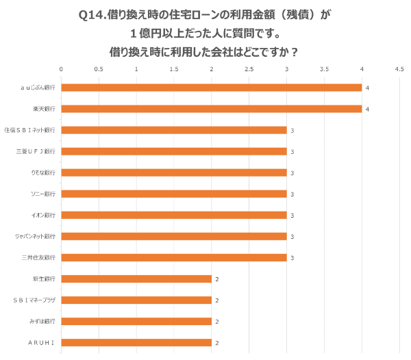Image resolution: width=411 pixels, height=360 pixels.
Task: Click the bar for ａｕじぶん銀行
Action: pyautogui.click(x=212, y=88)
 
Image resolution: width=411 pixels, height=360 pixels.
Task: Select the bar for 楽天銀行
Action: pyautogui.click(x=212, y=109)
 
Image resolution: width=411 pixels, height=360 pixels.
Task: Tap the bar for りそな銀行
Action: pyautogui.click(x=174, y=172)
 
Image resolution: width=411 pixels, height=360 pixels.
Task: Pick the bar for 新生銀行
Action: pyautogui.click(x=136, y=279)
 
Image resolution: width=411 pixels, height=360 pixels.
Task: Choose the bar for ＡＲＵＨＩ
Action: pyautogui.click(x=136, y=342)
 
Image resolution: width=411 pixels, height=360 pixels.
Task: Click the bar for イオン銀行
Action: pyautogui.click(x=174, y=215)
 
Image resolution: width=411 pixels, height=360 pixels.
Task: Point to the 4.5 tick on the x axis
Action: pyautogui.click(x=399, y=69)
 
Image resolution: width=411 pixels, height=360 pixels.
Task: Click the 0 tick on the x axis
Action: pyautogui.click(x=62, y=69)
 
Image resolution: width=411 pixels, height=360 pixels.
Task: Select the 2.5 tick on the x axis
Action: pyautogui.click(x=249, y=69)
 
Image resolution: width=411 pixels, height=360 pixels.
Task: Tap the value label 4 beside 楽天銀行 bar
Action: pyautogui.click(x=368, y=110)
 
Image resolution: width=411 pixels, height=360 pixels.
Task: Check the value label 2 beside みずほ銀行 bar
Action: pyautogui.click(x=217, y=322)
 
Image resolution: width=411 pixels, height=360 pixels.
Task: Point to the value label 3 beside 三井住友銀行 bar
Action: pyautogui.click(x=292, y=258)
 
